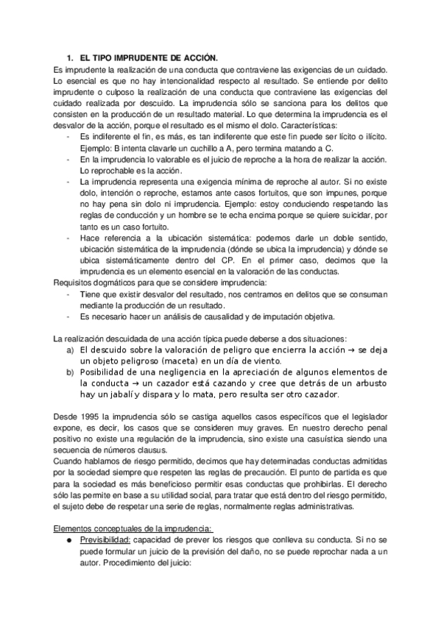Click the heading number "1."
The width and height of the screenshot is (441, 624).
coord(70,57)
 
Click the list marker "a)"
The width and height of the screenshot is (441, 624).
coord(70,350)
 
